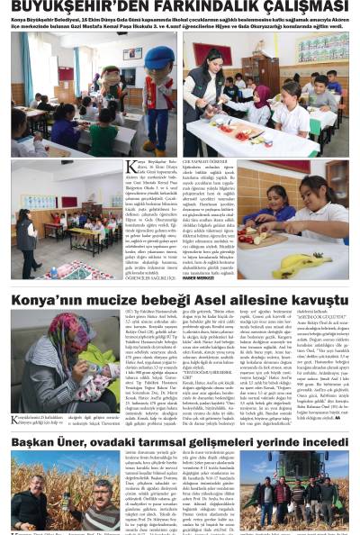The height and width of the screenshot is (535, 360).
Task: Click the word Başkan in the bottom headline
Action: [x=35, y=442]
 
